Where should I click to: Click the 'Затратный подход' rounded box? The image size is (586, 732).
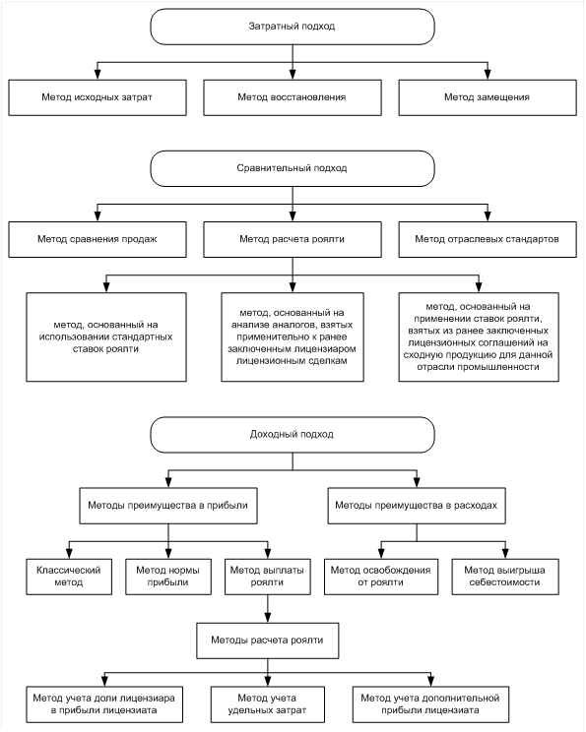click(x=293, y=27)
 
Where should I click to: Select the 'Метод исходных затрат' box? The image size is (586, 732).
click(x=98, y=97)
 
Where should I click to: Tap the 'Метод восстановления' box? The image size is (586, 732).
click(x=293, y=97)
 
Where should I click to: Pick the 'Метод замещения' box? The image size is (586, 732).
click(x=488, y=97)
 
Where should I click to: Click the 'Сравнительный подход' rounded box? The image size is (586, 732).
click(x=293, y=168)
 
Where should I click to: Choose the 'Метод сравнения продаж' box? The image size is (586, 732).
click(x=98, y=239)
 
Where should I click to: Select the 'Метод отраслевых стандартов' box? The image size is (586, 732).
click(x=488, y=239)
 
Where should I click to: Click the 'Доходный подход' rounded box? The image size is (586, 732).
click(x=293, y=435)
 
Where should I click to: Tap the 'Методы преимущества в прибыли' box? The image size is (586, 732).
click(x=168, y=506)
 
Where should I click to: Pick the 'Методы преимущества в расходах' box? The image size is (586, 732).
click(x=417, y=506)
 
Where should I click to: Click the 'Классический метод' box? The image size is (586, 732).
click(x=69, y=577)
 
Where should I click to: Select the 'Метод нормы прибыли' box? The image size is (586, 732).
click(x=168, y=577)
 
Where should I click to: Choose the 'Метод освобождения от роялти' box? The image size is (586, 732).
click(x=381, y=577)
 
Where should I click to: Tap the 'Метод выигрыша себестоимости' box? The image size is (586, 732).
click(x=505, y=577)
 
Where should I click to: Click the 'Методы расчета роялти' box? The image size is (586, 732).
click(x=267, y=640)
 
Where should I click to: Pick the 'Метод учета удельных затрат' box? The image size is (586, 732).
click(x=267, y=704)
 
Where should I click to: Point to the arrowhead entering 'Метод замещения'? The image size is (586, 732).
click(x=488, y=75)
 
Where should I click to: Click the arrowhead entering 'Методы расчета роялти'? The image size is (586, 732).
click(x=267, y=617)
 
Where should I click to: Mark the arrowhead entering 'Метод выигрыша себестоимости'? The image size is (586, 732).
click(x=505, y=554)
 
